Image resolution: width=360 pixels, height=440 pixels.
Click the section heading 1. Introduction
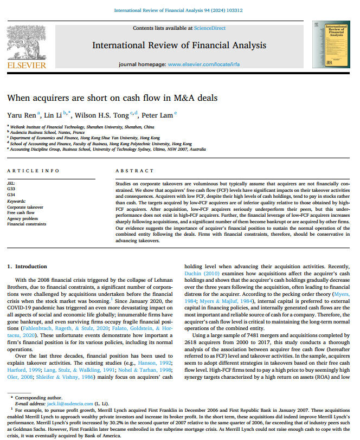[x=27, y=267]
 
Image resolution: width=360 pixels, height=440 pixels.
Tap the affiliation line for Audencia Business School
[x=47, y=132]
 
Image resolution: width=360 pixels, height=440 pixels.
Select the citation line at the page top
[x=179, y=10]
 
